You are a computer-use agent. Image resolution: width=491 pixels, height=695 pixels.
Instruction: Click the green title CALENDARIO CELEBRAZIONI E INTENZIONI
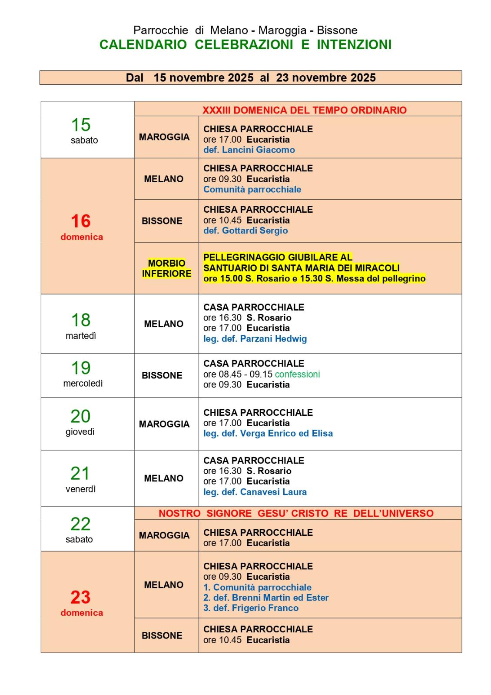point(245,45)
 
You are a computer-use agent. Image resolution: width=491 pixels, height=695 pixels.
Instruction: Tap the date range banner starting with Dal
point(251,78)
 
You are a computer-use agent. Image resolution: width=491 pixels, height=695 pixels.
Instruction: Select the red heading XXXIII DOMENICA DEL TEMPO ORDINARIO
point(304,110)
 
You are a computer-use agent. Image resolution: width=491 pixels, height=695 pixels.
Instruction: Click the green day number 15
point(81,125)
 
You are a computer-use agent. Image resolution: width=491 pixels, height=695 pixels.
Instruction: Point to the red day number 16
point(81,221)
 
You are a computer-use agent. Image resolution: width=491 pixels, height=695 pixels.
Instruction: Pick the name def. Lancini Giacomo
point(249,150)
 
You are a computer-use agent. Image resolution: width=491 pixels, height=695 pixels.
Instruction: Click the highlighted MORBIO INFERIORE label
point(166,268)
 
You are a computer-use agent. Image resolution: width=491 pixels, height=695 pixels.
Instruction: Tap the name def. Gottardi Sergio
point(245,231)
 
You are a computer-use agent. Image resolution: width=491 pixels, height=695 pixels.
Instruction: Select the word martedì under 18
point(81,336)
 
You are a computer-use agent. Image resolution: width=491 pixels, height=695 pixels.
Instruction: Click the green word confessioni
point(297,374)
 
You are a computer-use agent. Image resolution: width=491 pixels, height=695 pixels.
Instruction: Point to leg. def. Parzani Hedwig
point(255,339)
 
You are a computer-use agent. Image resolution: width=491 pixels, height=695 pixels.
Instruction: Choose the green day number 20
point(80,416)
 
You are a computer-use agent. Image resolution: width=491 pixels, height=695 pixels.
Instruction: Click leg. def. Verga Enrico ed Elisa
point(268,434)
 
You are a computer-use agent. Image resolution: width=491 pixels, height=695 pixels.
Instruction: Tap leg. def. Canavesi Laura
point(255,492)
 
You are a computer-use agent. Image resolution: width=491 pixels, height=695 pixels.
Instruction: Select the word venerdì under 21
point(81,489)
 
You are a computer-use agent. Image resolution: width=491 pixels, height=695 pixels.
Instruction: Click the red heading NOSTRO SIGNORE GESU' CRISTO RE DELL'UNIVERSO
point(296,513)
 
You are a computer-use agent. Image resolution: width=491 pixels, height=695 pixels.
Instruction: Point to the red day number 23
point(81,597)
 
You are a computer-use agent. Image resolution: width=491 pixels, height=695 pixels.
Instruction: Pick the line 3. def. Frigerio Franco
point(251,608)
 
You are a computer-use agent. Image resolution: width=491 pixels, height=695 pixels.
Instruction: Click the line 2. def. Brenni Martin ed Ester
point(266,598)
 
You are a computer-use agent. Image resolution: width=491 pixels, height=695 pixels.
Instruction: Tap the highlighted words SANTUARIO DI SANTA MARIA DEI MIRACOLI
point(301,268)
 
